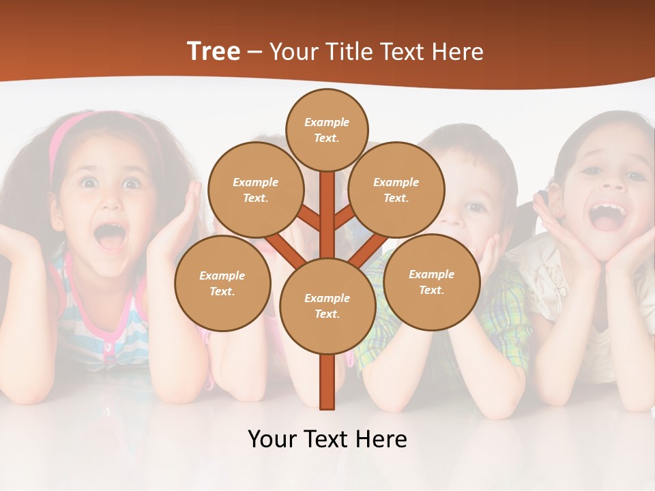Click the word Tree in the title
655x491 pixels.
click(214, 52)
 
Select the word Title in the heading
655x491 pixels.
click(348, 52)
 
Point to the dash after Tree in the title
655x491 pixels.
click(255, 53)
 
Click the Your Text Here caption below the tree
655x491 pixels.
click(327, 438)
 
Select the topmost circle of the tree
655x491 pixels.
click(327, 130)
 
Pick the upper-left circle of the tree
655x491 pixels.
click(255, 190)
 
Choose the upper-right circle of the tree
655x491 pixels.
click(396, 190)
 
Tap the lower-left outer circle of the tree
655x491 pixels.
click(222, 283)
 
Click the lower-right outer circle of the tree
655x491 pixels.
click(431, 282)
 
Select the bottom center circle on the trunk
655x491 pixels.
click(327, 306)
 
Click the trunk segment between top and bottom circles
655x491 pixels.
click(327, 215)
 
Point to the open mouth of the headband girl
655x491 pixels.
click(110, 237)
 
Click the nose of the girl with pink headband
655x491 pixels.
click(109, 205)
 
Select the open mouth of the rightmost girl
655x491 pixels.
click(607, 215)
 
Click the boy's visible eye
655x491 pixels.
click(476, 207)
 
